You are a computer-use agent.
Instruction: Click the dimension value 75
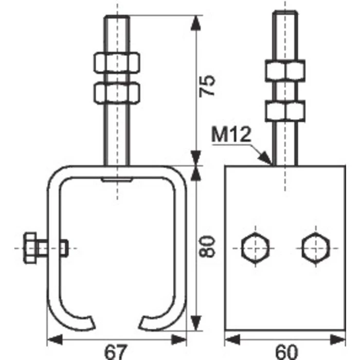(x=207, y=86)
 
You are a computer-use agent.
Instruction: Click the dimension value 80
(x=207, y=246)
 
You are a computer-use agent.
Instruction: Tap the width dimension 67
(x=115, y=351)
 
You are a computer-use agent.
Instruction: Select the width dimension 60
(x=286, y=351)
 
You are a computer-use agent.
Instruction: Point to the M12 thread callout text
(x=231, y=135)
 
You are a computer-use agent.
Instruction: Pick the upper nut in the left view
(x=117, y=63)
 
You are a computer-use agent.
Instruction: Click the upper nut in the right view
(x=285, y=70)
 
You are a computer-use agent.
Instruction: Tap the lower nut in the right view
(x=285, y=111)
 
